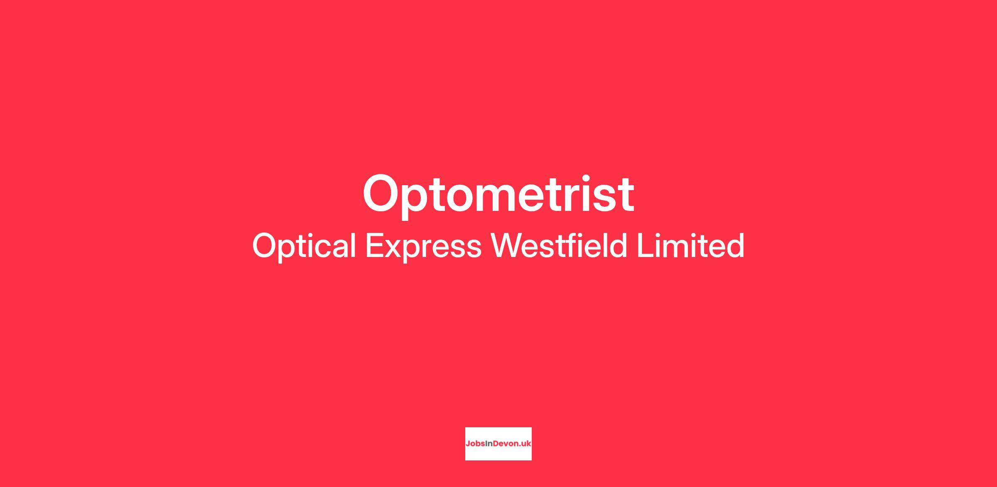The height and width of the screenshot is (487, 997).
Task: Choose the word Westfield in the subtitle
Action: point(559,245)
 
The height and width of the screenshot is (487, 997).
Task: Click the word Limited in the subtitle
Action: point(690,245)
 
